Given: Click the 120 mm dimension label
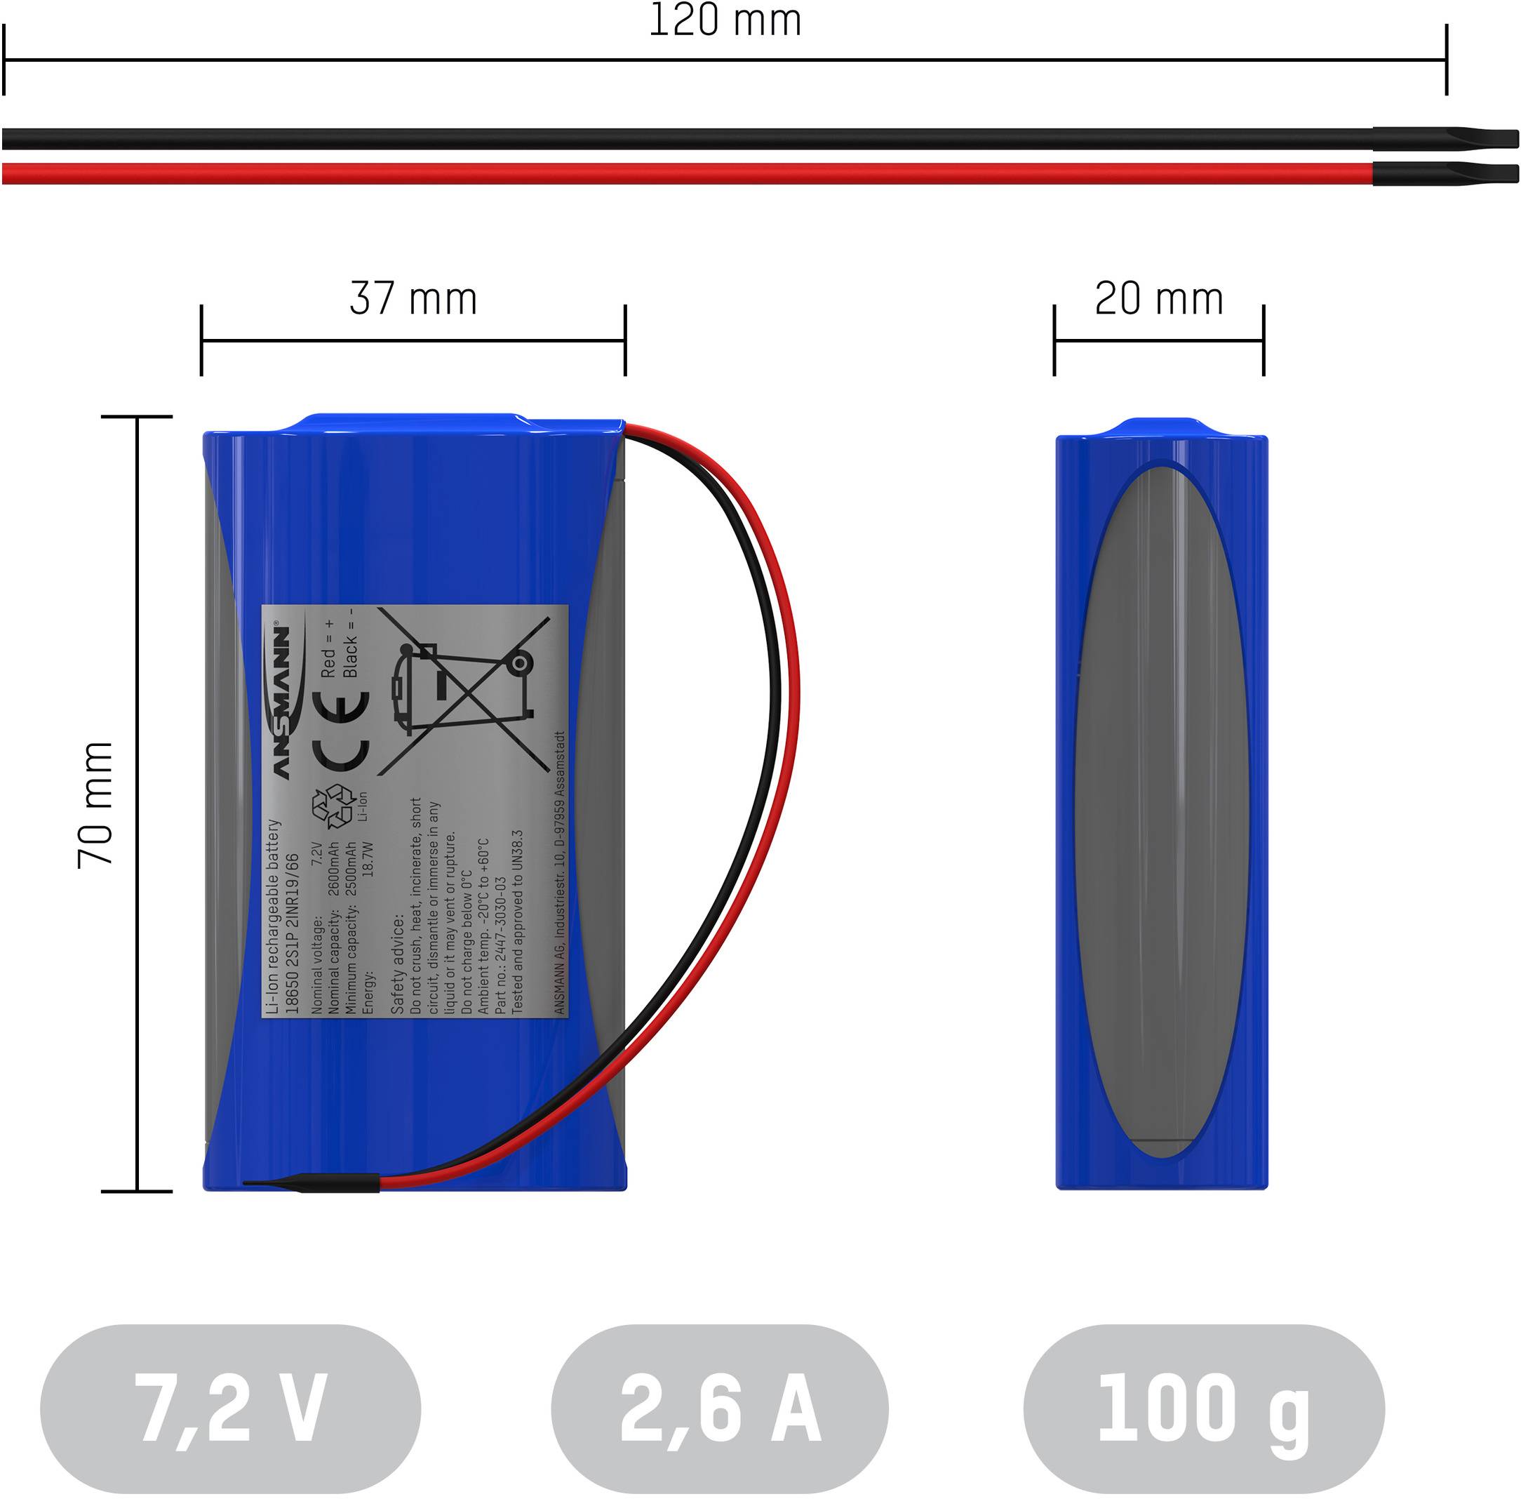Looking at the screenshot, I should (x=724, y=21).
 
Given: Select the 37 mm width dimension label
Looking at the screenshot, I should (x=413, y=299).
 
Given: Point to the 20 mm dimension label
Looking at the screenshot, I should (x=1158, y=299).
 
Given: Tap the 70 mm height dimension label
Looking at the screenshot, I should (x=96, y=805).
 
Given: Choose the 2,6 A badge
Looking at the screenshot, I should (x=719, y=1407).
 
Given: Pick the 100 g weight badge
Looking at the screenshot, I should (x=1203, y=1407).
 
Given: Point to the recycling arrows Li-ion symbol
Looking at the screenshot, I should (x=334, y=808).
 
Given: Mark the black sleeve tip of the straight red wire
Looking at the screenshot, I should (x=1446, y=173).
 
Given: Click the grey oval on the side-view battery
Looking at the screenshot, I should (x=1161, y=811).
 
